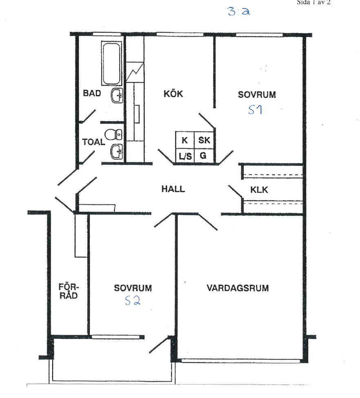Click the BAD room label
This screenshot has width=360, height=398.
pos(92,93)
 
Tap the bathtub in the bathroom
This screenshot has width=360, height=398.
pos(111,63)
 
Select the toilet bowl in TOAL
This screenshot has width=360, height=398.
pos(113,135)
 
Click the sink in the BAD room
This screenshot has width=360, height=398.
pos(117,95)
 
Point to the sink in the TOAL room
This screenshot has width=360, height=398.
pos(117,152)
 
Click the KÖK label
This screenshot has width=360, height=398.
pos(173,94)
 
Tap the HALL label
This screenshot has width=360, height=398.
pos(173,189)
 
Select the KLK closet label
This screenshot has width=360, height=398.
pos(259,190)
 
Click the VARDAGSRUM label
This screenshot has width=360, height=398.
pos(238,288)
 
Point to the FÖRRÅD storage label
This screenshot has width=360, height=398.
pos(68,291)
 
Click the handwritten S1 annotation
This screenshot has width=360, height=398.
pos(255,110)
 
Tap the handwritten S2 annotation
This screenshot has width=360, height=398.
pos(133,301)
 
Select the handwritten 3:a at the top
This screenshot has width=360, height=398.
pos(239,11)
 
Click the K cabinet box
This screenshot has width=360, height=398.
pos(185,140)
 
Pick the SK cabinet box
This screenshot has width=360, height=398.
pos(204,140)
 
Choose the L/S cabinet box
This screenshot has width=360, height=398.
pos(185,156)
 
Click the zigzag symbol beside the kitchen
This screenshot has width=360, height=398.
pos(135,72)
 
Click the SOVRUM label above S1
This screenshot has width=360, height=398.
pos(257,95)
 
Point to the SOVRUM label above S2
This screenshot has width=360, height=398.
pos(133,288)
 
